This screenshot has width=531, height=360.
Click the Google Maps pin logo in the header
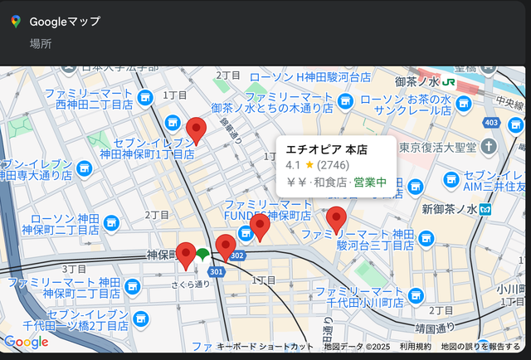click(x=15, y=22)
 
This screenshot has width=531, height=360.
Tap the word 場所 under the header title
click(x=40, y=43)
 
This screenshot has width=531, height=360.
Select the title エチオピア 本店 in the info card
click(x=326, y=149)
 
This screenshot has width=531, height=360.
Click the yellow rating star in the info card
click(x=309, y=165)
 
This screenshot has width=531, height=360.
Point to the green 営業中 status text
click(x=370, y=182)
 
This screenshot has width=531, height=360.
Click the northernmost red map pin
click(x=196, y=130)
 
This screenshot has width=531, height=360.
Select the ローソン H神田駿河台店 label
click(x=309, y=77)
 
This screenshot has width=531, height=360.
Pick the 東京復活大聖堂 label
click(x=436, y=148)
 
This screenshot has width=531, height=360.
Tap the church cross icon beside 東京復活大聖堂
click(x=488, y=147)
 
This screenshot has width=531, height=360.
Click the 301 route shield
click(x=217, y=271)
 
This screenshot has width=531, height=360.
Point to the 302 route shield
click(x=237, y=256)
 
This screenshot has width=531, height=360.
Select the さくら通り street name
click(x=192, y=284)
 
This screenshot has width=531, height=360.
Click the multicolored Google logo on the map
click(x=26, y=342)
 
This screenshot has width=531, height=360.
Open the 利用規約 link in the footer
click(x=415, y=347)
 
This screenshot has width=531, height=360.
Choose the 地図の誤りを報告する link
click(x=480, y=347)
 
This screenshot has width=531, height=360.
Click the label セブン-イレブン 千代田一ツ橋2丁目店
click(x=88, y=320)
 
